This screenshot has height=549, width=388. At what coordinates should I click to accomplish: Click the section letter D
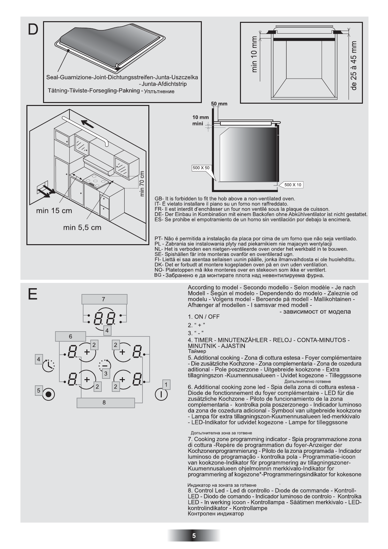click(33, 30)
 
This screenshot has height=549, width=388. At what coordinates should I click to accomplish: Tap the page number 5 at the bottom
click(194, 536)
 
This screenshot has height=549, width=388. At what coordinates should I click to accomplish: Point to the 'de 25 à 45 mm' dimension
click(354, 65)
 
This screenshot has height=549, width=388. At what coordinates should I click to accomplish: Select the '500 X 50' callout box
click(201, 168)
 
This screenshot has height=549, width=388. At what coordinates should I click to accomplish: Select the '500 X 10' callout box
click(293, 185)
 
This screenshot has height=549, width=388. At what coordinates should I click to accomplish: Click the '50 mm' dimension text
click(219, 104)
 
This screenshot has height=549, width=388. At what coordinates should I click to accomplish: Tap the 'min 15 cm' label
click(54, 211)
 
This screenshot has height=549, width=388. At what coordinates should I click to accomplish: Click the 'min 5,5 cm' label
click(82, 228)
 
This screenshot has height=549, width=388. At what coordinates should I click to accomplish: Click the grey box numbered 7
click(104, 299)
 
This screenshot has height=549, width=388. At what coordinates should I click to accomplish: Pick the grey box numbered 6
click(70, 336)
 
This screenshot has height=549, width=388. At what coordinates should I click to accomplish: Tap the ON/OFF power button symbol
click(161, 394)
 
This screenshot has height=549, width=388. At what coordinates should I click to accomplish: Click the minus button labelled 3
click(105, 365)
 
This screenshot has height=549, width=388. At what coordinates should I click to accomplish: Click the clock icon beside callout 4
click(49, 365)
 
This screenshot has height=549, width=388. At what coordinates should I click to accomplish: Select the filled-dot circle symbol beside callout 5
click(49, 394)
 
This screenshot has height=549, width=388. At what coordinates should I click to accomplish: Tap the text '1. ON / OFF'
click(204, 317)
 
